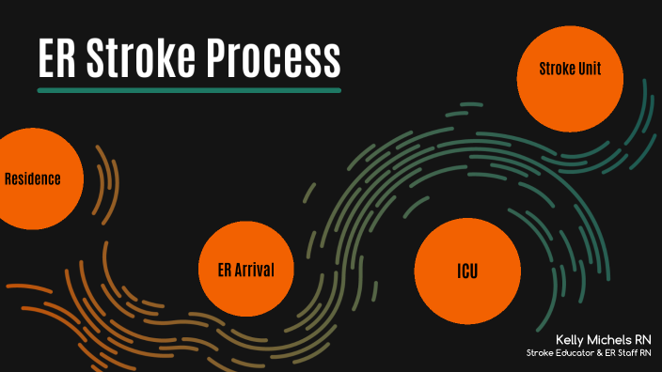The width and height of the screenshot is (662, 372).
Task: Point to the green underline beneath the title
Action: pyautogui.click(x=188, y=90)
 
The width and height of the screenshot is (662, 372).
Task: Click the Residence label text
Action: pyautogui.click(x=33, y=178)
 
